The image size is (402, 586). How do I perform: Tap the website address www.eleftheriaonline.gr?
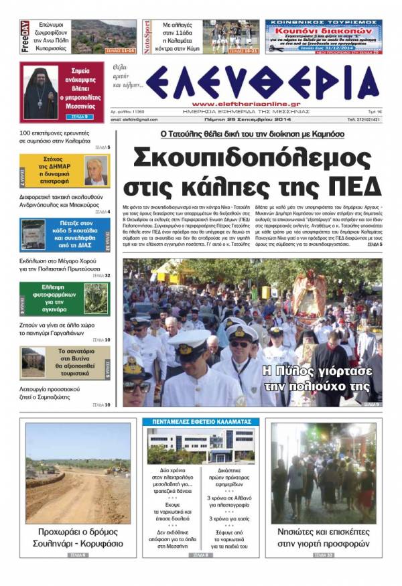tap(232, 104)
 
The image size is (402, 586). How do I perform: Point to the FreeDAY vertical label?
tap(24, 37)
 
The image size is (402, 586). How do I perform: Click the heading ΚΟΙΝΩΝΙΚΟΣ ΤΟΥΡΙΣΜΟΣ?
tap(324, 23)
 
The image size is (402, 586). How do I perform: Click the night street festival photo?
tap(324, 473)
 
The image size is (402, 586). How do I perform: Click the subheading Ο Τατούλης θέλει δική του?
tap(252, 134)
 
